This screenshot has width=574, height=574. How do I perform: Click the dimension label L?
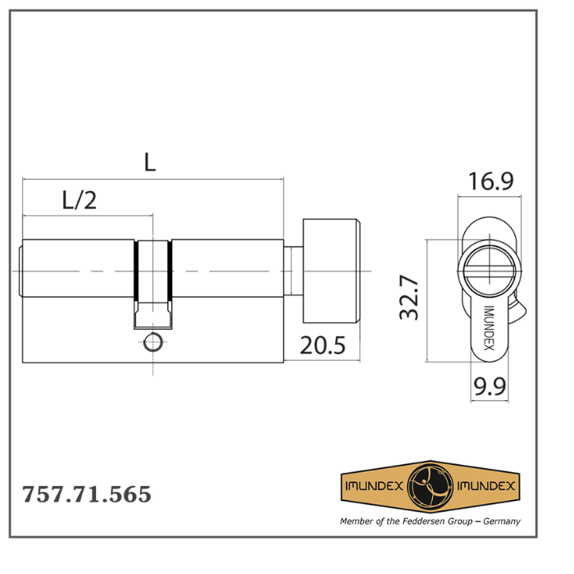pos(149,162)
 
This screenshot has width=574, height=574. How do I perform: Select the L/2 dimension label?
pos(80,200)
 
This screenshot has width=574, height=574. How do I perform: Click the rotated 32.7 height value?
pos(409,298)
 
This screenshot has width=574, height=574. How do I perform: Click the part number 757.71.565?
pos(86,495)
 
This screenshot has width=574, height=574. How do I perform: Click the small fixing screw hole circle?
pos(153,343)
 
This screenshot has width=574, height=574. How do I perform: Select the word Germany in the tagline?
pos(500,521)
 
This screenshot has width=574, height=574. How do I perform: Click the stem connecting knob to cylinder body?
pos(293,271)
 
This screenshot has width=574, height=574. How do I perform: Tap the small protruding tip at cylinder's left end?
pos(20,271)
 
